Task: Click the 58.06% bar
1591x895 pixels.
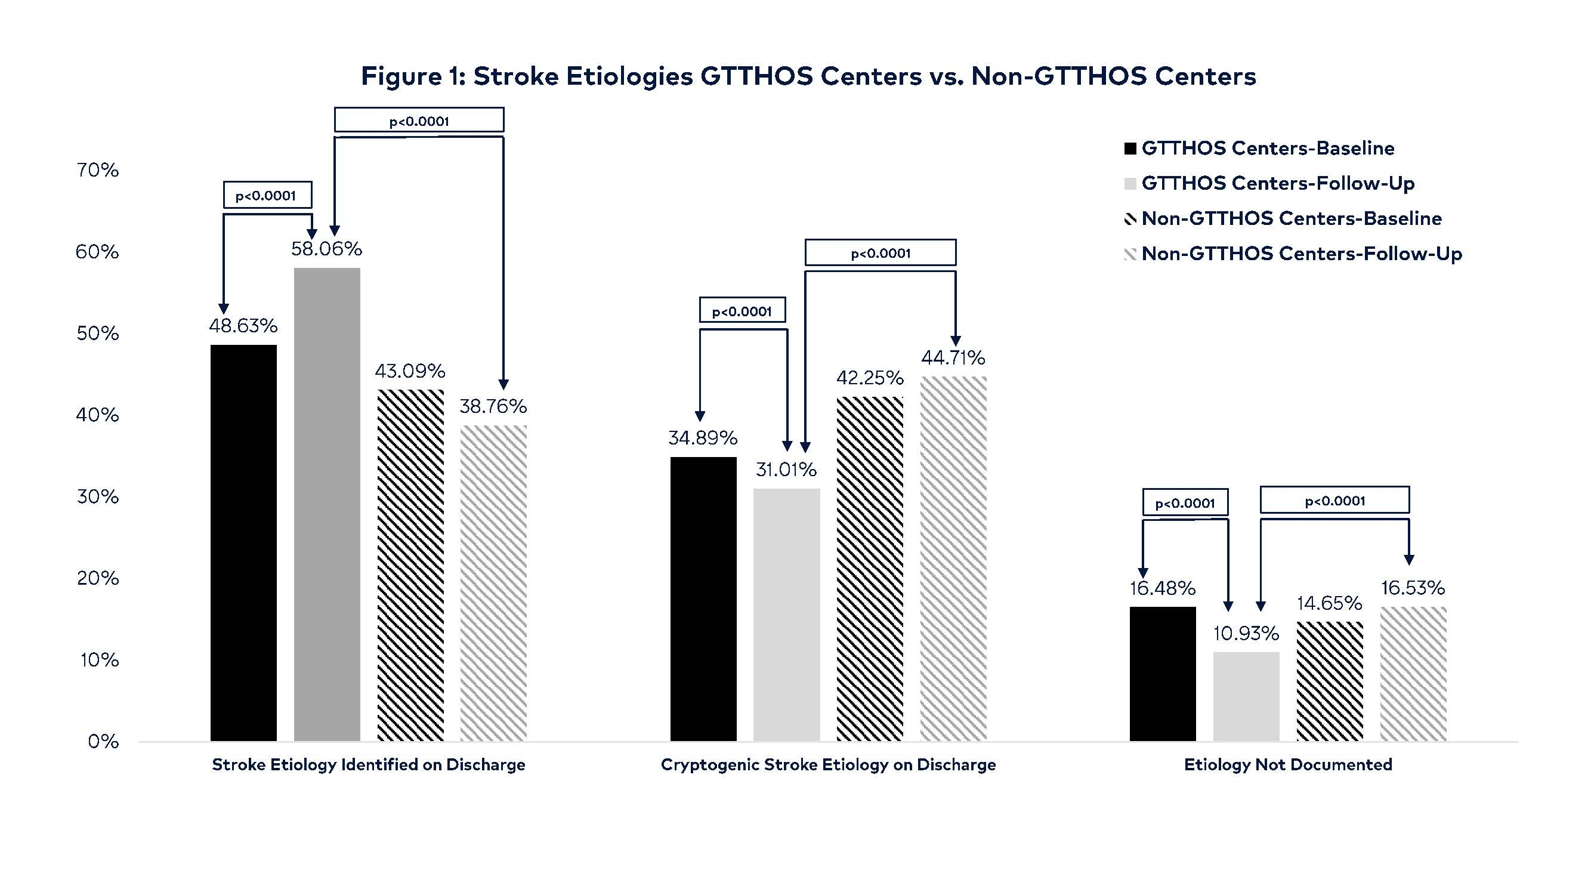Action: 327,504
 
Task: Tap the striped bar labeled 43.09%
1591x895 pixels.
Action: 410,564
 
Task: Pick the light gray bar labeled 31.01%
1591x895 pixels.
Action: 786,614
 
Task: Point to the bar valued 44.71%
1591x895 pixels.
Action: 953,558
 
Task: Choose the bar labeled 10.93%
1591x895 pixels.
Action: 1246,696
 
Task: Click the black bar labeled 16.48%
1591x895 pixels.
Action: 1162,673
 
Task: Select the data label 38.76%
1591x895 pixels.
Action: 493,406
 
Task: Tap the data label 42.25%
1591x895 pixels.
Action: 870,378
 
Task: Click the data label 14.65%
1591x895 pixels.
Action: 1329,603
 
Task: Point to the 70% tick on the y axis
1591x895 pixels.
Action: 98,170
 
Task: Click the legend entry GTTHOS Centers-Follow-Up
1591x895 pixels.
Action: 1277,183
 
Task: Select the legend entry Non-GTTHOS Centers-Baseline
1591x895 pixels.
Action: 1291,218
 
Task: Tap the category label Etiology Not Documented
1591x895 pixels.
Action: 1288,765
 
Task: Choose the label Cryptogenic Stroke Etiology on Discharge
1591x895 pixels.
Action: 828,765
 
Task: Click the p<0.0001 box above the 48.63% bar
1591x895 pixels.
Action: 267,195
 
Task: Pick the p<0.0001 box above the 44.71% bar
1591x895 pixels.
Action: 880,252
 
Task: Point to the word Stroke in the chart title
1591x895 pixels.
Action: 515,76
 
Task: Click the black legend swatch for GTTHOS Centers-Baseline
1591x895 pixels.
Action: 1130,149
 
